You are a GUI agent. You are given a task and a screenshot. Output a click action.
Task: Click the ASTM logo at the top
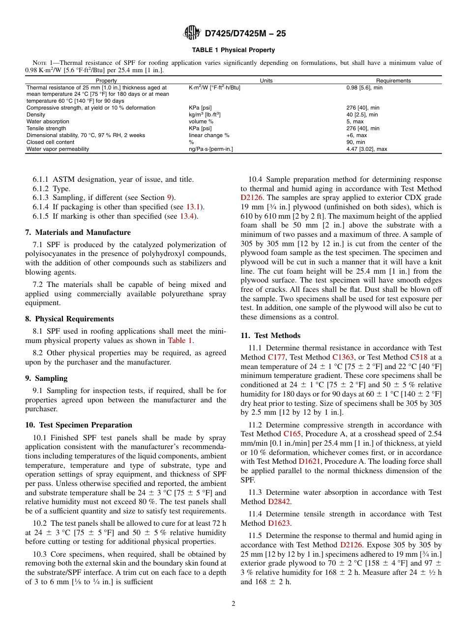[192, 33]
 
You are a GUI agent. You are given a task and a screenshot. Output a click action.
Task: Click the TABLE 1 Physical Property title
[233, 50]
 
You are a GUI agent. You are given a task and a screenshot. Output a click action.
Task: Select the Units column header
[266, 81]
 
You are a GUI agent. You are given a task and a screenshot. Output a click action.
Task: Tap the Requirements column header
[393, 81]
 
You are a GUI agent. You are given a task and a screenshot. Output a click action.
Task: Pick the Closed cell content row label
[48, 142]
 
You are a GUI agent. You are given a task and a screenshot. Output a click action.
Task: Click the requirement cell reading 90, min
[355, 142]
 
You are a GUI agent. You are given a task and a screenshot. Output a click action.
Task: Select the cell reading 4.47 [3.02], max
[366, 149]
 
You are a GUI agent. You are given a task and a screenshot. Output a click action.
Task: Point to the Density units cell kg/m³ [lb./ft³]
[204, 114]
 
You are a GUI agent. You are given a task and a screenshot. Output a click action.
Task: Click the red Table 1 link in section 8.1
[180, 341]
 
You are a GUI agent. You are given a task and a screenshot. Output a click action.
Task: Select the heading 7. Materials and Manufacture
[78, 232]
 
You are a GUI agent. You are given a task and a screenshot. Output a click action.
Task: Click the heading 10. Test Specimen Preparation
[79, 425]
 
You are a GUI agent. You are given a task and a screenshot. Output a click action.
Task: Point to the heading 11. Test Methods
[270, 336]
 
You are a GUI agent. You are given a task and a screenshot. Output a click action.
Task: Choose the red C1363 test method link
[343, 357]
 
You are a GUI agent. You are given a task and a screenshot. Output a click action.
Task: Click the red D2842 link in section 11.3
[279, 502]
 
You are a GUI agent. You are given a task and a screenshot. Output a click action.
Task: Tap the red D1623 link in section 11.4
[279, 523]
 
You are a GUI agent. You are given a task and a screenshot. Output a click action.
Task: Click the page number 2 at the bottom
[233, 604]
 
